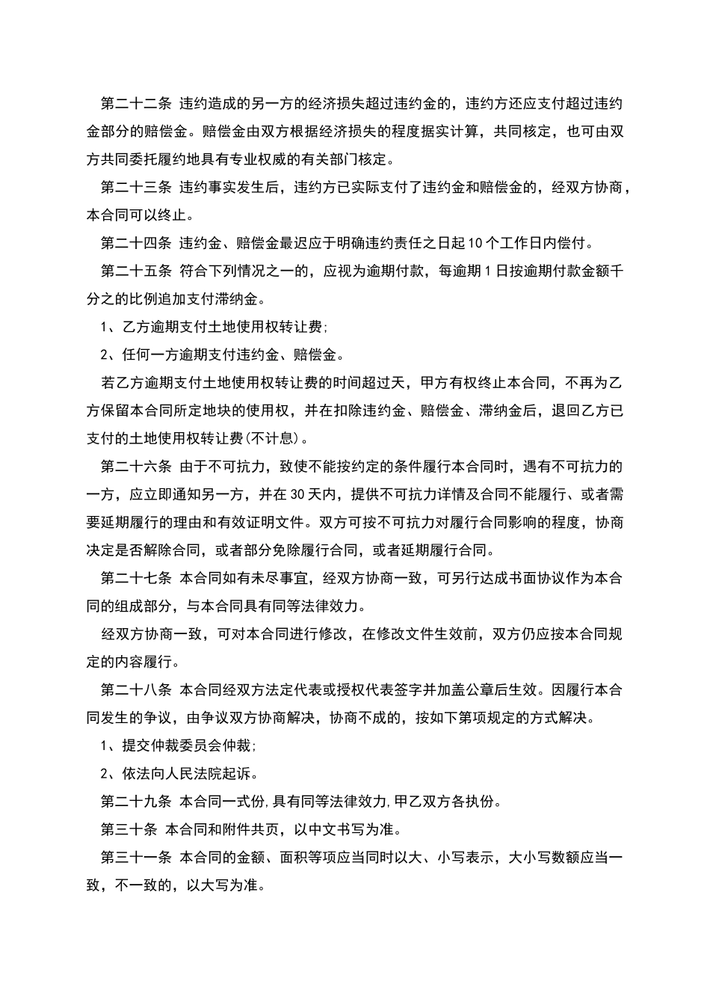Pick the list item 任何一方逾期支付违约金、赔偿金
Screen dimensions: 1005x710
(x=228, y=354)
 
